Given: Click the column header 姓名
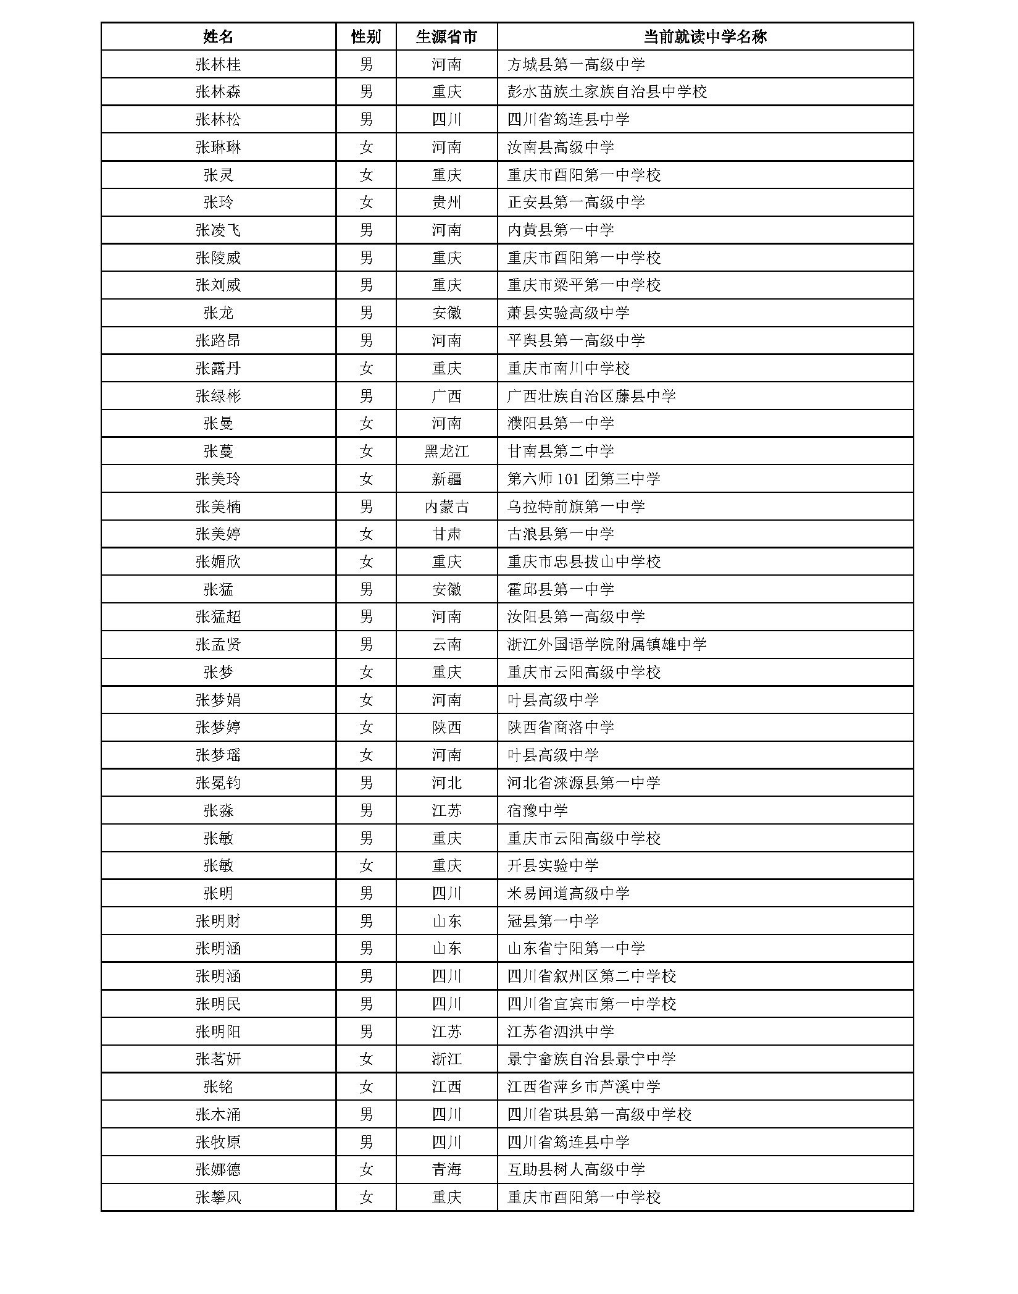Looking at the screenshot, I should pyautogui.click(x=218, y=36).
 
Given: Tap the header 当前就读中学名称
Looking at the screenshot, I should pyautogui.click(x=704, y=36).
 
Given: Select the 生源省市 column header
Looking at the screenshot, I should pyautogui.click(x=446, y=36).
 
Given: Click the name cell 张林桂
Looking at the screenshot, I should pyautogui.click(x=218, y=64).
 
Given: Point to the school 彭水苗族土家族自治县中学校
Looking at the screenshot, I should pyautogui.click(x=607, y=92).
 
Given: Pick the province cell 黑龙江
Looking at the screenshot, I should pyautogui.click(x=446, y=451).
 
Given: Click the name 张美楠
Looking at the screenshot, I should pyautogui.click(x=218, y=506).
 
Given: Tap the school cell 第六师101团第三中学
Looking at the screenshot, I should pyautogui.click(x=583, y=479).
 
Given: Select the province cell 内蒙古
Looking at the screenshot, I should pyautogui.click(x=446, y=506).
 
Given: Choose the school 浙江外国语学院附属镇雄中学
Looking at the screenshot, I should pyautogui.click(x=607, y=644).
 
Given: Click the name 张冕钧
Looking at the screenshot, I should pyautogui.click(x=218, y=783).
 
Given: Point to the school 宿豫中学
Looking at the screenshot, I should pyautogui.click(x=537, y=810).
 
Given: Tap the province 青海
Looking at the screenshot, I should pyautogui.click(x=446, y=1169).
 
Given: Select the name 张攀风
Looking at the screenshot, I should pyautogui.click(x=218, y=1197).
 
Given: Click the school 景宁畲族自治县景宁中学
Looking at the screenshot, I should pyautogui.click(x=591, y=1059).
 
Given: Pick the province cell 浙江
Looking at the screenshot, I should pyautogui.click(x=446, y=1059).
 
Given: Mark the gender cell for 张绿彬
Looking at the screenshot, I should pyautogui.click(x=366, y=396).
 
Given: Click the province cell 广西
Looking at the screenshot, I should pyautogui.click(x=446, y=396).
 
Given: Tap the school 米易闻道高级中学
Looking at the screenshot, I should pyautogui.click(x=568, y=893).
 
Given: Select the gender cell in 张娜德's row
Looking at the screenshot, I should pyautogui.click(x=366, y=1169).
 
